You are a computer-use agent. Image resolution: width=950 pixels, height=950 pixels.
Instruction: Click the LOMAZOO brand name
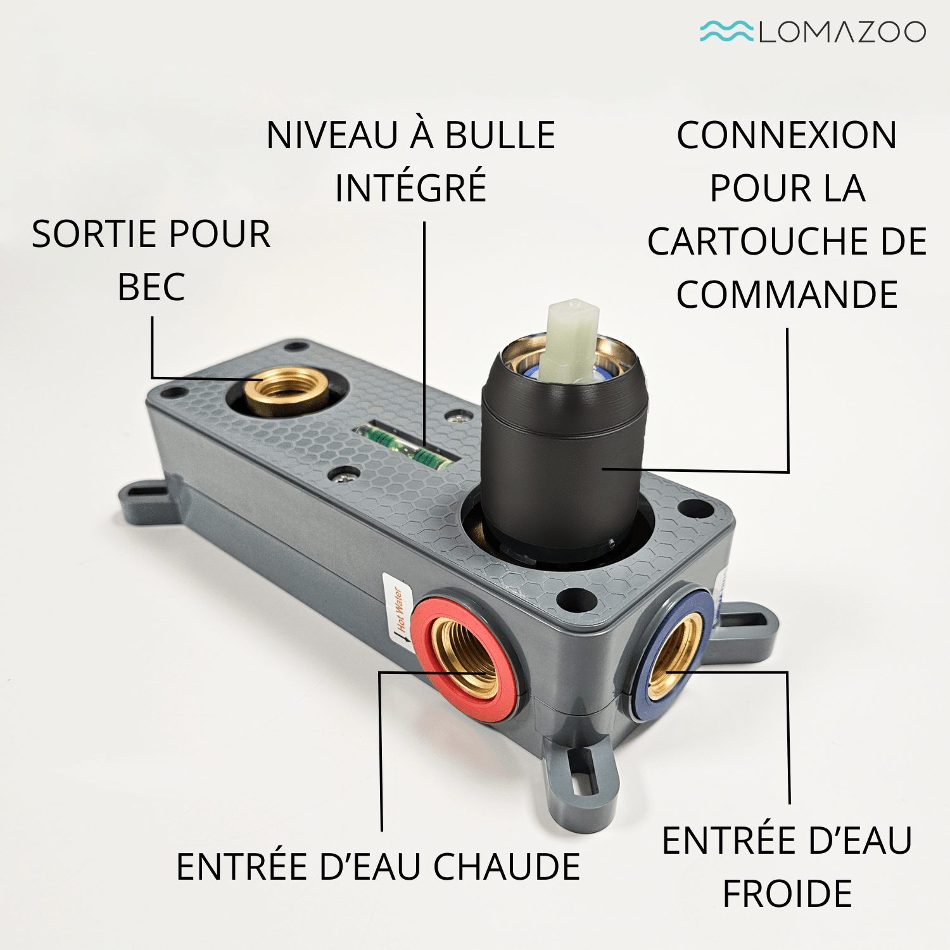tap(842, 32)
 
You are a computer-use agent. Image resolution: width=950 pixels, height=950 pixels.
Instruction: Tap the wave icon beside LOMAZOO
tap(726, 31)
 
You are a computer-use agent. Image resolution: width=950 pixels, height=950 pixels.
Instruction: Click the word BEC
tap(151, 288)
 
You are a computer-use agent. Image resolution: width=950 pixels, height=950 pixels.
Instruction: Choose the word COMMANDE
tap(787, 294)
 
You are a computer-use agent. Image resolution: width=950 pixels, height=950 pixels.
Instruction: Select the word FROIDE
tap(787, 894)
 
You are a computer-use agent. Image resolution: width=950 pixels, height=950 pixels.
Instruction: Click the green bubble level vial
tap(403, 445)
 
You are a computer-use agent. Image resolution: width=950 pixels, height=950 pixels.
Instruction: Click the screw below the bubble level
tap(346, 475)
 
